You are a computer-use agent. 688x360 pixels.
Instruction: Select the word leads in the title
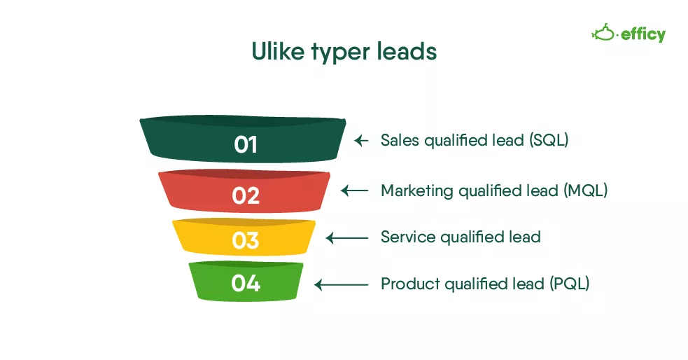407,51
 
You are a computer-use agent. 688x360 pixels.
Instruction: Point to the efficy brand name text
643,35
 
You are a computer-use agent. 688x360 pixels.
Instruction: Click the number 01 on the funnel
245,144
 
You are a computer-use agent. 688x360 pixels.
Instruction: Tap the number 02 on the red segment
246,195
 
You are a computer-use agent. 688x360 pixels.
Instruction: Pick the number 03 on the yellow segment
246,240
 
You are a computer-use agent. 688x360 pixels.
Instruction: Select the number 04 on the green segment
246,283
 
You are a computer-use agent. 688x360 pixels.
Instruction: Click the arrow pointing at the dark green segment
361,141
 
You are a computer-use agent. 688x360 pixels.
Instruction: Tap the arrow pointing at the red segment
355,191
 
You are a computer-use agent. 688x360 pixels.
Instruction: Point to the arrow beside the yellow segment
347,238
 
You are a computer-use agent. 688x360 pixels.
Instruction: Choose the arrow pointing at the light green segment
342,285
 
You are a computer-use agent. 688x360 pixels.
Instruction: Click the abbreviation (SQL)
549,141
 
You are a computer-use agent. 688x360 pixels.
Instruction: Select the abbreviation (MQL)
586,191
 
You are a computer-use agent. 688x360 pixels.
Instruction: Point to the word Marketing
417,191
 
